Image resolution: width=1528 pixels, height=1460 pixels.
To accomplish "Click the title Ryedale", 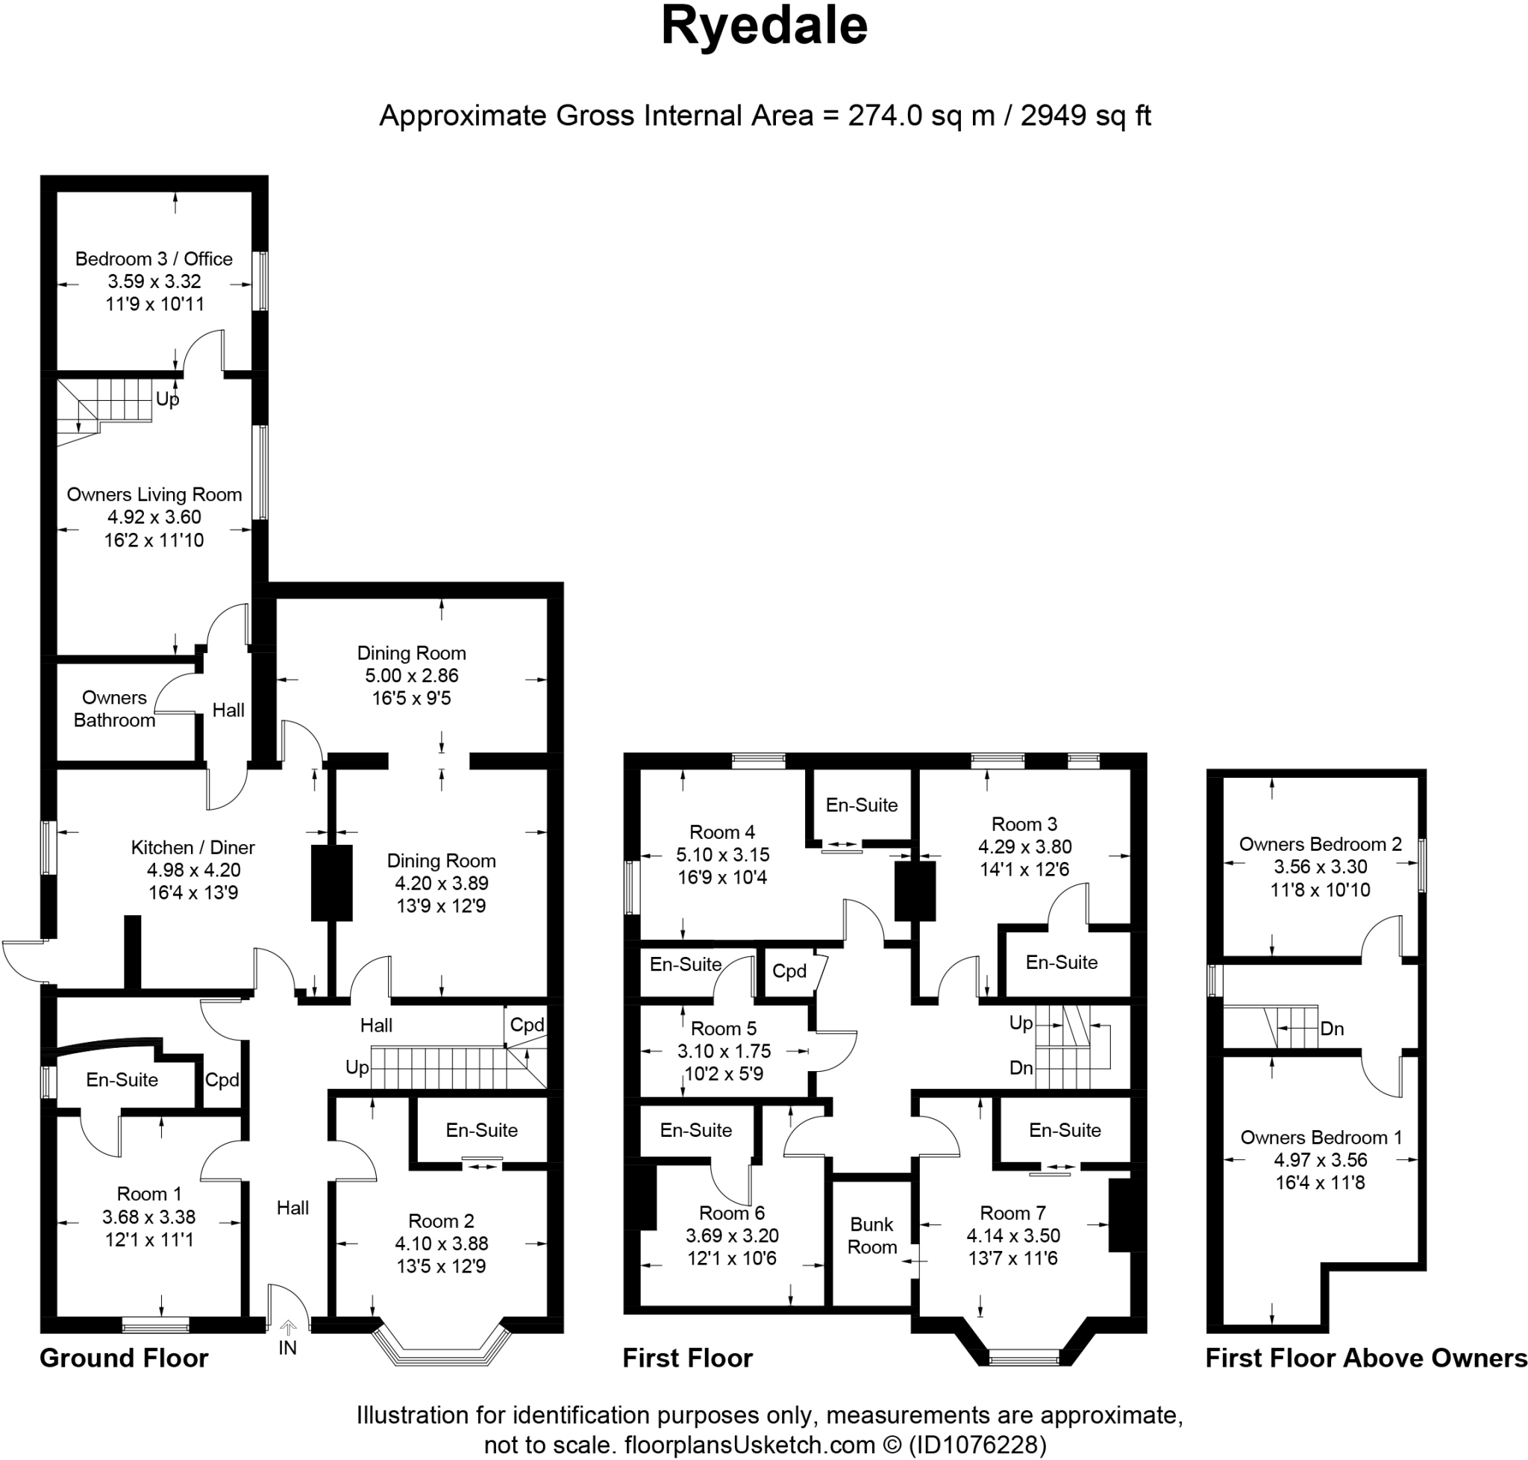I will click(x=763, y=26).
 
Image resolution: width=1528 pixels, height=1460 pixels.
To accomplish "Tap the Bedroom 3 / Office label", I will click(x=154, y=258).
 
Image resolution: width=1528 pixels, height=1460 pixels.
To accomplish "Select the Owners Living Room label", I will click(x=154, y=494).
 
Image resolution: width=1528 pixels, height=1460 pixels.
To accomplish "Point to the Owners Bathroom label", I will click(x=114, y=708).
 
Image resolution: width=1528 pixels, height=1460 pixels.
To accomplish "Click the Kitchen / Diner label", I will click(x=193, y=847).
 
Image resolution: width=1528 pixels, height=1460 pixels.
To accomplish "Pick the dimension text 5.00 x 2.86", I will click(x=412, y=676).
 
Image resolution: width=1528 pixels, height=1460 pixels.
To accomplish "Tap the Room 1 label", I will click(x=148, y=1194).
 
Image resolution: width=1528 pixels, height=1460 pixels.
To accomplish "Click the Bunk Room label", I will click(x=871, y=1235).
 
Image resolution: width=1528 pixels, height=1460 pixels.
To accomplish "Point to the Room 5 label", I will click(x=723, y=1028).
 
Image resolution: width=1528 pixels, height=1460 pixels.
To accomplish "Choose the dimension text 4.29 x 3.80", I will click(x=1024, y=846).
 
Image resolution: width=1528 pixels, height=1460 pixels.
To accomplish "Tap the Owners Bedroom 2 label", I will click(x=1321, y=843).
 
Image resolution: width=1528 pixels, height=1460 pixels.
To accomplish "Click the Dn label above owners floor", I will click(x=1332, y=1029).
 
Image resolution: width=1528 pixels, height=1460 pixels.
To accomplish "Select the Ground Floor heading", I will click(x=124, y=1358).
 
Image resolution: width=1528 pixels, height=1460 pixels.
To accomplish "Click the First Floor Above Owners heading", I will click(x=1366, y=1358).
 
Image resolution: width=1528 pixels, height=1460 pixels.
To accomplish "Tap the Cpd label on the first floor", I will click(x=789, y=971).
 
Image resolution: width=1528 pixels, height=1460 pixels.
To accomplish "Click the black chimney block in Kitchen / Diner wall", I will click(x=331, y=883).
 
